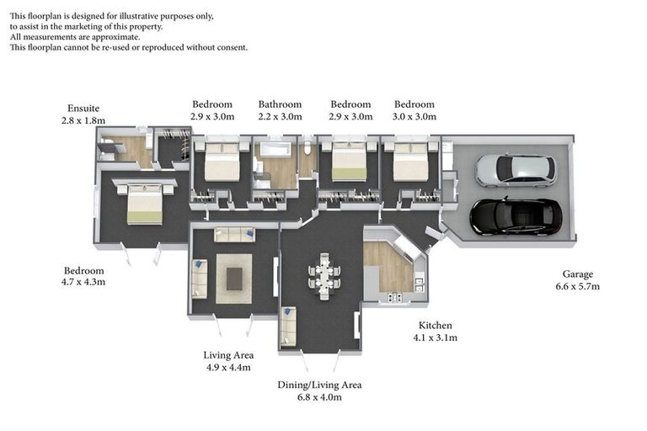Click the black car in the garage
(x=516, y=217)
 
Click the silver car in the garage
(x=516, y=171)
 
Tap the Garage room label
(x=578, y=274)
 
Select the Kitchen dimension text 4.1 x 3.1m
(x=436, y=338)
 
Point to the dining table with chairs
(x=324, y=276)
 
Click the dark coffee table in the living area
(x=234, y=279)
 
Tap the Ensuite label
(x=83, y=109)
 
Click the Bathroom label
(x=281, y=104)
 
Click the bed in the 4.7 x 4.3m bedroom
(x=144, y=204)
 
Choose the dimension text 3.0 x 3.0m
(x=414, y=117)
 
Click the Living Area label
(x=228, y=355)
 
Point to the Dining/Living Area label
(x=319, y=385)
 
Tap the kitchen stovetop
(x=395, y=297)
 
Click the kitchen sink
(x=420, y=284)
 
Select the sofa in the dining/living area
(x=288, y=326)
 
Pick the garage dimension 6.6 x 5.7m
(x=578, y=286)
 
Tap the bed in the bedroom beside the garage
(x=409, y=162)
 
